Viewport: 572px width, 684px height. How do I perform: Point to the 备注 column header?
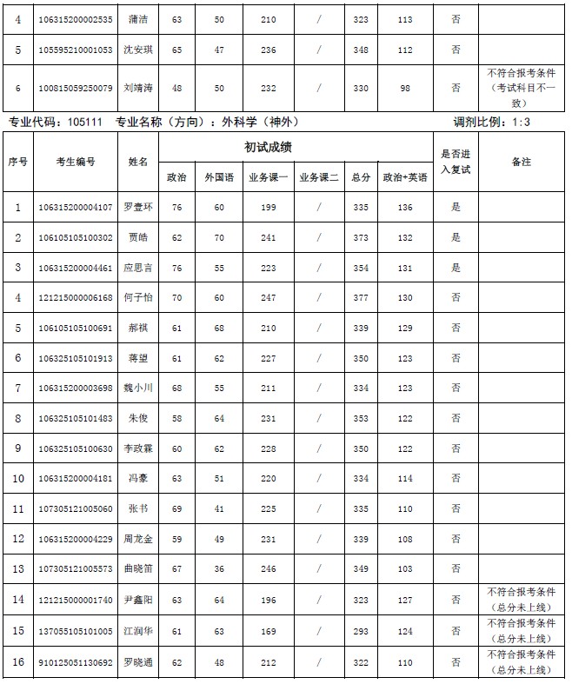pyautogui.click(x=522, y=162)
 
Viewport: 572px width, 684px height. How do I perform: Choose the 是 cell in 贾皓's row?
pyautogui.click(x=456, y=237)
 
